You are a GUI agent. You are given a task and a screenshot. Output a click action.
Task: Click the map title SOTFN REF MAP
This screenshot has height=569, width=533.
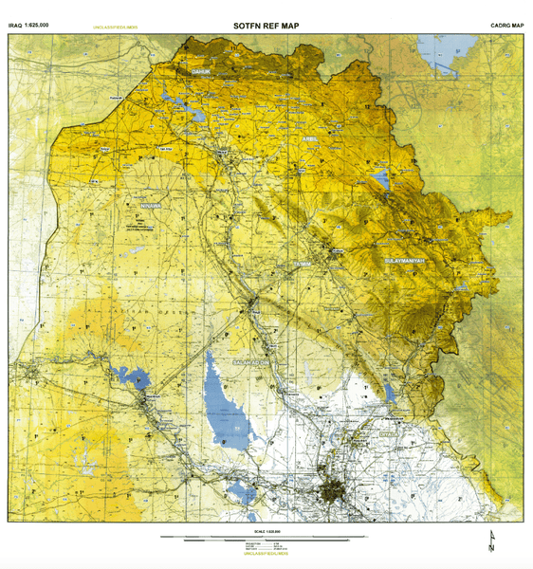tap(266, 26)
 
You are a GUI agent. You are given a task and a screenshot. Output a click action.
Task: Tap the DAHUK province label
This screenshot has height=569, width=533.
tap(201, 71)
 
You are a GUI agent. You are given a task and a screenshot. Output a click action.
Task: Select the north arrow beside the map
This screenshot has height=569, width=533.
tap(491, 543)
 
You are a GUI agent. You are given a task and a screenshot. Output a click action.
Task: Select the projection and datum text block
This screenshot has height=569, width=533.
tap(265, 545)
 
